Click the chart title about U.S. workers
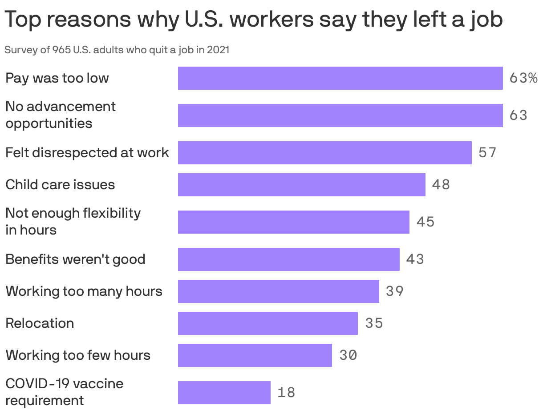254,20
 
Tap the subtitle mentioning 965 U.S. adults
117,50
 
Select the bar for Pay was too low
340,78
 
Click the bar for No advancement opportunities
340,115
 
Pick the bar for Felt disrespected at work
324,153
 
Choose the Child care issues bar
301,185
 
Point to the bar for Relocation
267,323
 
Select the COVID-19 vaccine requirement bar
224,393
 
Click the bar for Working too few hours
255,355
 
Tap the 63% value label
523,78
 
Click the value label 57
487,153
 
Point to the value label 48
441,185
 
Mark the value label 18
286,393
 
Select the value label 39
395,291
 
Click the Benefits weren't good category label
75,259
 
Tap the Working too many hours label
84,291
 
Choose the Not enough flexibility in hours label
73,221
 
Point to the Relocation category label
40,323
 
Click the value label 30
348,355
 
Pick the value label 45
425,222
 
